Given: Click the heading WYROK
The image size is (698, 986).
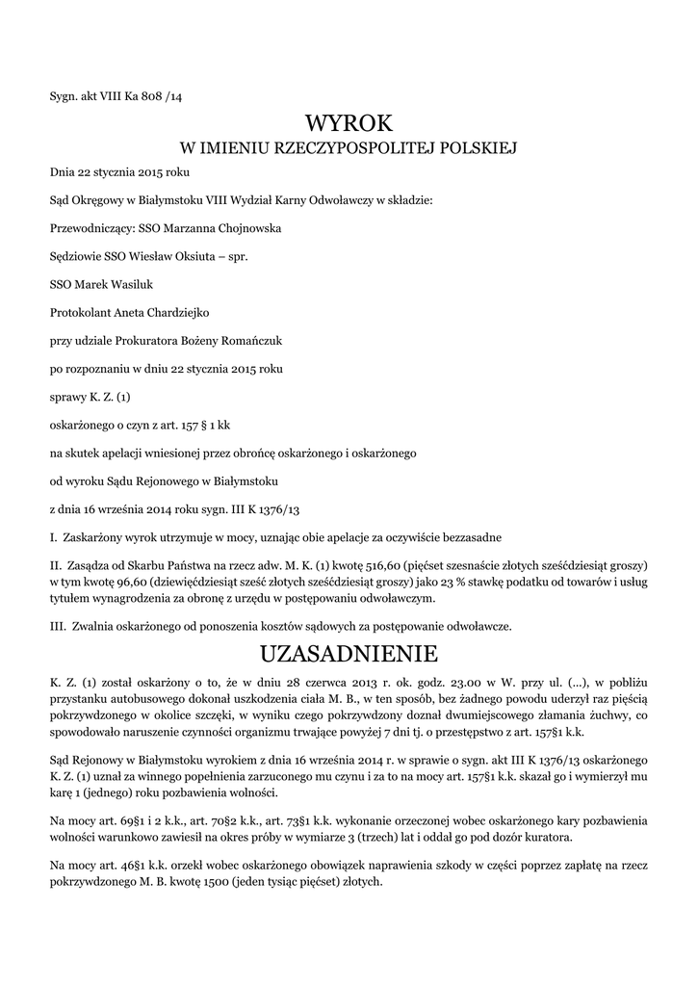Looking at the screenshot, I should point(349,123).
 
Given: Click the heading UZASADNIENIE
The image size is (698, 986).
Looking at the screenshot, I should point(349,654).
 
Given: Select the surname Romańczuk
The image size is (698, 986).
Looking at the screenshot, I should point(241,341).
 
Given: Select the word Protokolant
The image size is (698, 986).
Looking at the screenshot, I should point(81,313).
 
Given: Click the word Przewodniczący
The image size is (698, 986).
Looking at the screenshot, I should point(91,229).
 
